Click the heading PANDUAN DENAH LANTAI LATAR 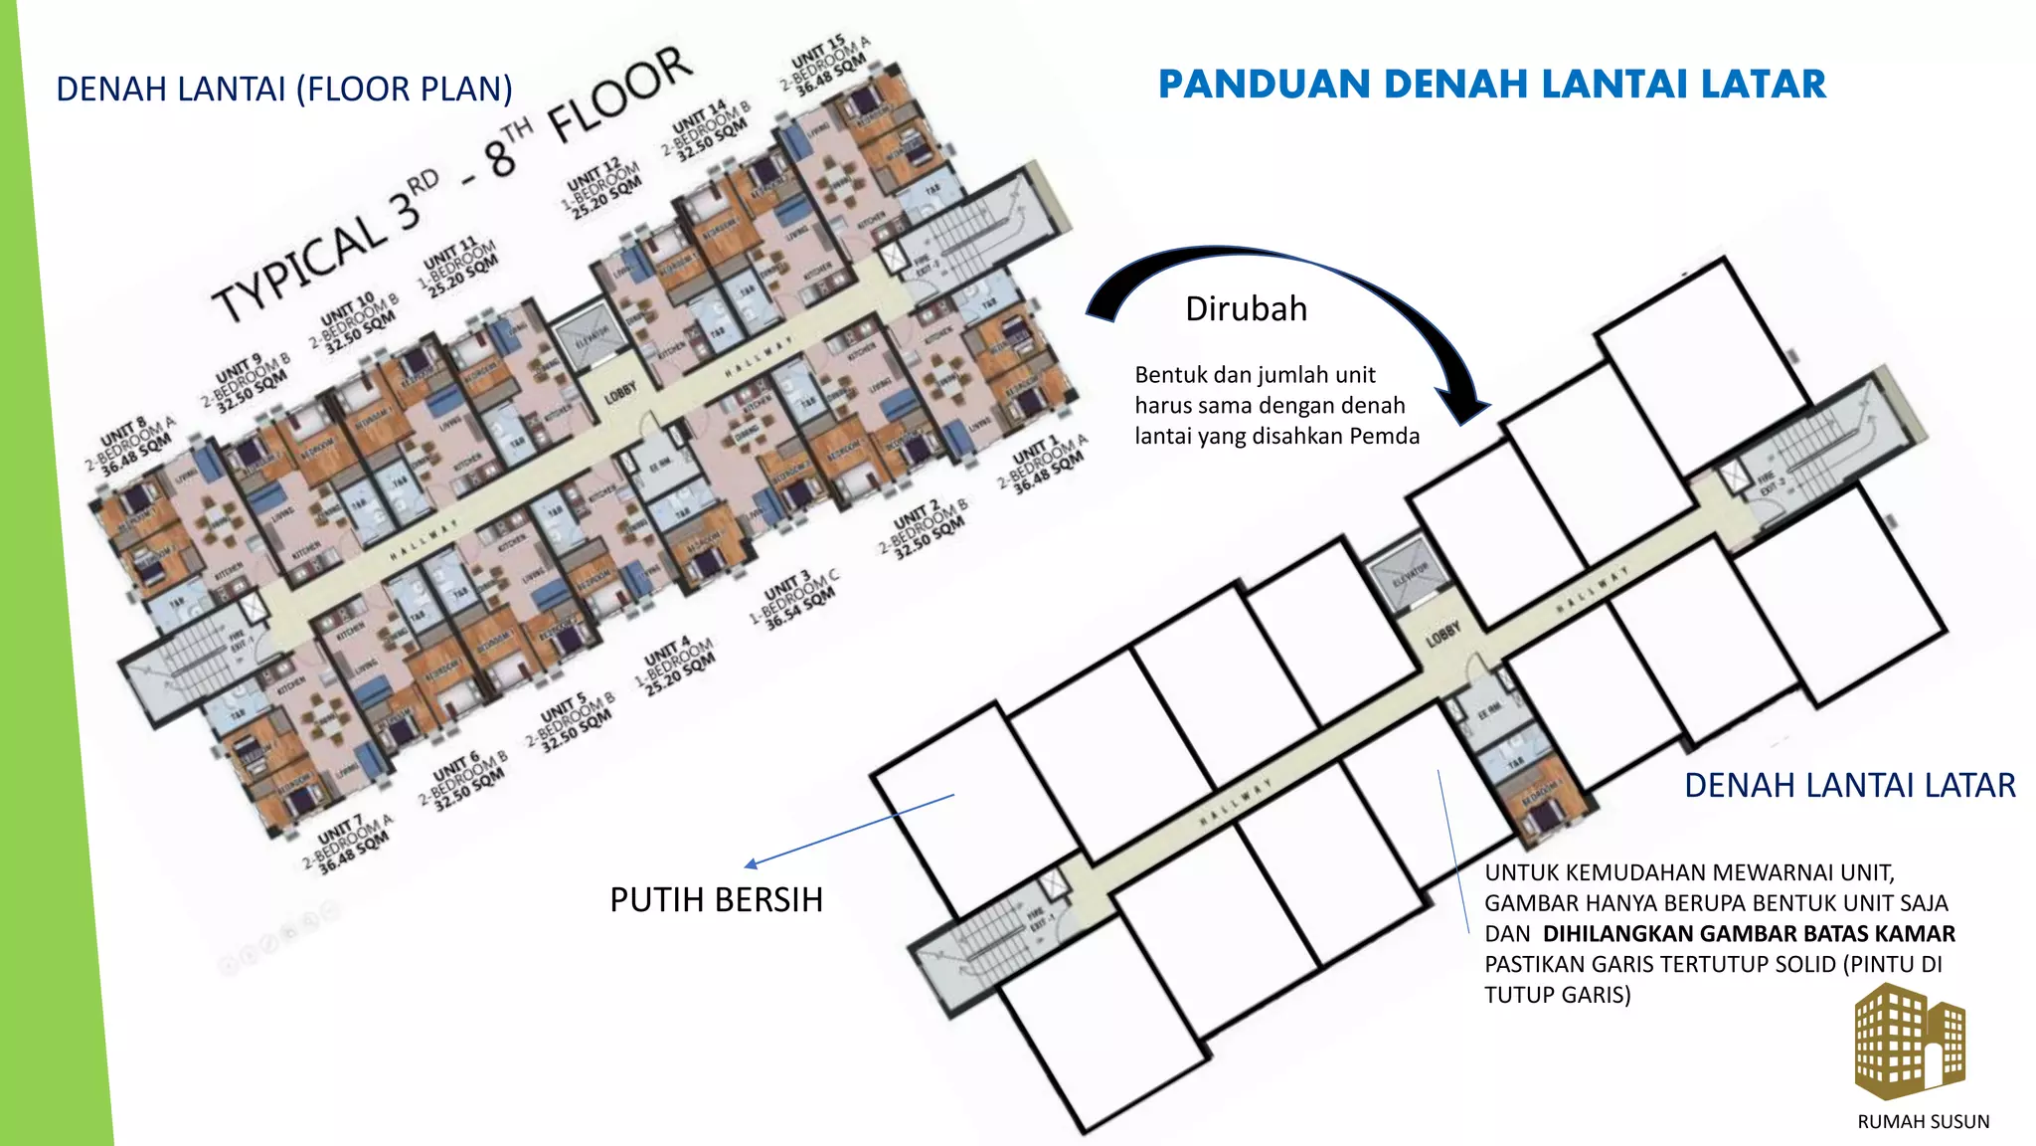(x=1491, y=85)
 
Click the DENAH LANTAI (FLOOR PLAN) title (x=284, y=90)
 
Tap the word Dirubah (x=1246, y=309)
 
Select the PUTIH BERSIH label (x=716, y=899)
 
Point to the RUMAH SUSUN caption (x=1923, y=1122)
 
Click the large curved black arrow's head (x=1466, y=408)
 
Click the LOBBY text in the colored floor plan (x=619, y=394)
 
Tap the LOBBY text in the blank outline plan (x=1442, y=634)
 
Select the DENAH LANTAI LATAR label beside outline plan (x=1849, y=786)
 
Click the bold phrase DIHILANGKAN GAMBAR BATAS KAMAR (x=1749, y=934)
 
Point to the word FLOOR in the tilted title (x=620, y=94)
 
